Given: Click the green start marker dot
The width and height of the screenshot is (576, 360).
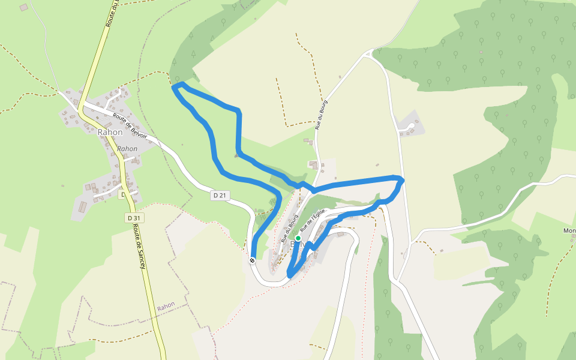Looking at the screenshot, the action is tap(298, 238).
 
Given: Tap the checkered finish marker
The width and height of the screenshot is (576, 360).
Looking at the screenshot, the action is tap(253, 260).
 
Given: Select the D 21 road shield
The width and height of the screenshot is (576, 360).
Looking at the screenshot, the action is tap(220, 196).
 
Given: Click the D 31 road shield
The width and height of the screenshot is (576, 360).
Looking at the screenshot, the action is tap(133, 218).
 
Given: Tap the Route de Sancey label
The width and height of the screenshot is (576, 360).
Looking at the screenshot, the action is tap(140, 241).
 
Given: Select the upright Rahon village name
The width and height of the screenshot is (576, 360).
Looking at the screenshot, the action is tap(110, 132).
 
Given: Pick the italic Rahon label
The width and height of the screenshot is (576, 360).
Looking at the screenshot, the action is tap(127, 148).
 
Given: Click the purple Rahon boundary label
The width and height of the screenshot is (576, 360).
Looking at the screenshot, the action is tap(166, 306).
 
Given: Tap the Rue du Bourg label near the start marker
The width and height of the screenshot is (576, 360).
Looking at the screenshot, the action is tap(290, 228).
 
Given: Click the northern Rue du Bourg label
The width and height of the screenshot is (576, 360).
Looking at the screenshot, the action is tap(322, 115).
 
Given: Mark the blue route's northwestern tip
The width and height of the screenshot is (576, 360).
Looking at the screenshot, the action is tap(175, 88).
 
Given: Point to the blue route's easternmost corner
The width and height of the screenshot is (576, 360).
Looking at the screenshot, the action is tap(401, 180).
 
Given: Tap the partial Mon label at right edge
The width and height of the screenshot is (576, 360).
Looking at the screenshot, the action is tap(569, 231).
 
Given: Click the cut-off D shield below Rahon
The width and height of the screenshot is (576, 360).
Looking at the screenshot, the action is tap(122, 195).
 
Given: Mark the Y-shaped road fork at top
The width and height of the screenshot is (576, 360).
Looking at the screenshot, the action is tap(368, 55).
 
